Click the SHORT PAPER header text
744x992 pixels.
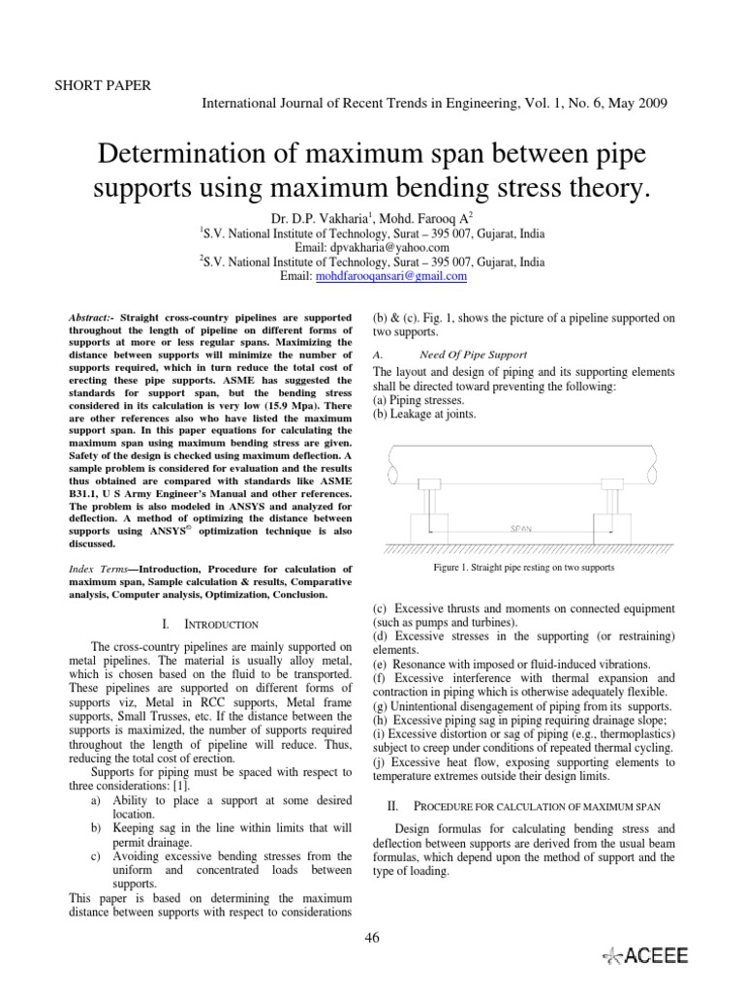[105, 85]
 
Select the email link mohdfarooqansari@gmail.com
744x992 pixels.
[387, 276]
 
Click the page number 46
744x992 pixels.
[370, 936]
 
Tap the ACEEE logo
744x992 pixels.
[645, 955]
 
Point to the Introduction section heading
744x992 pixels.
[211, 625]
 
